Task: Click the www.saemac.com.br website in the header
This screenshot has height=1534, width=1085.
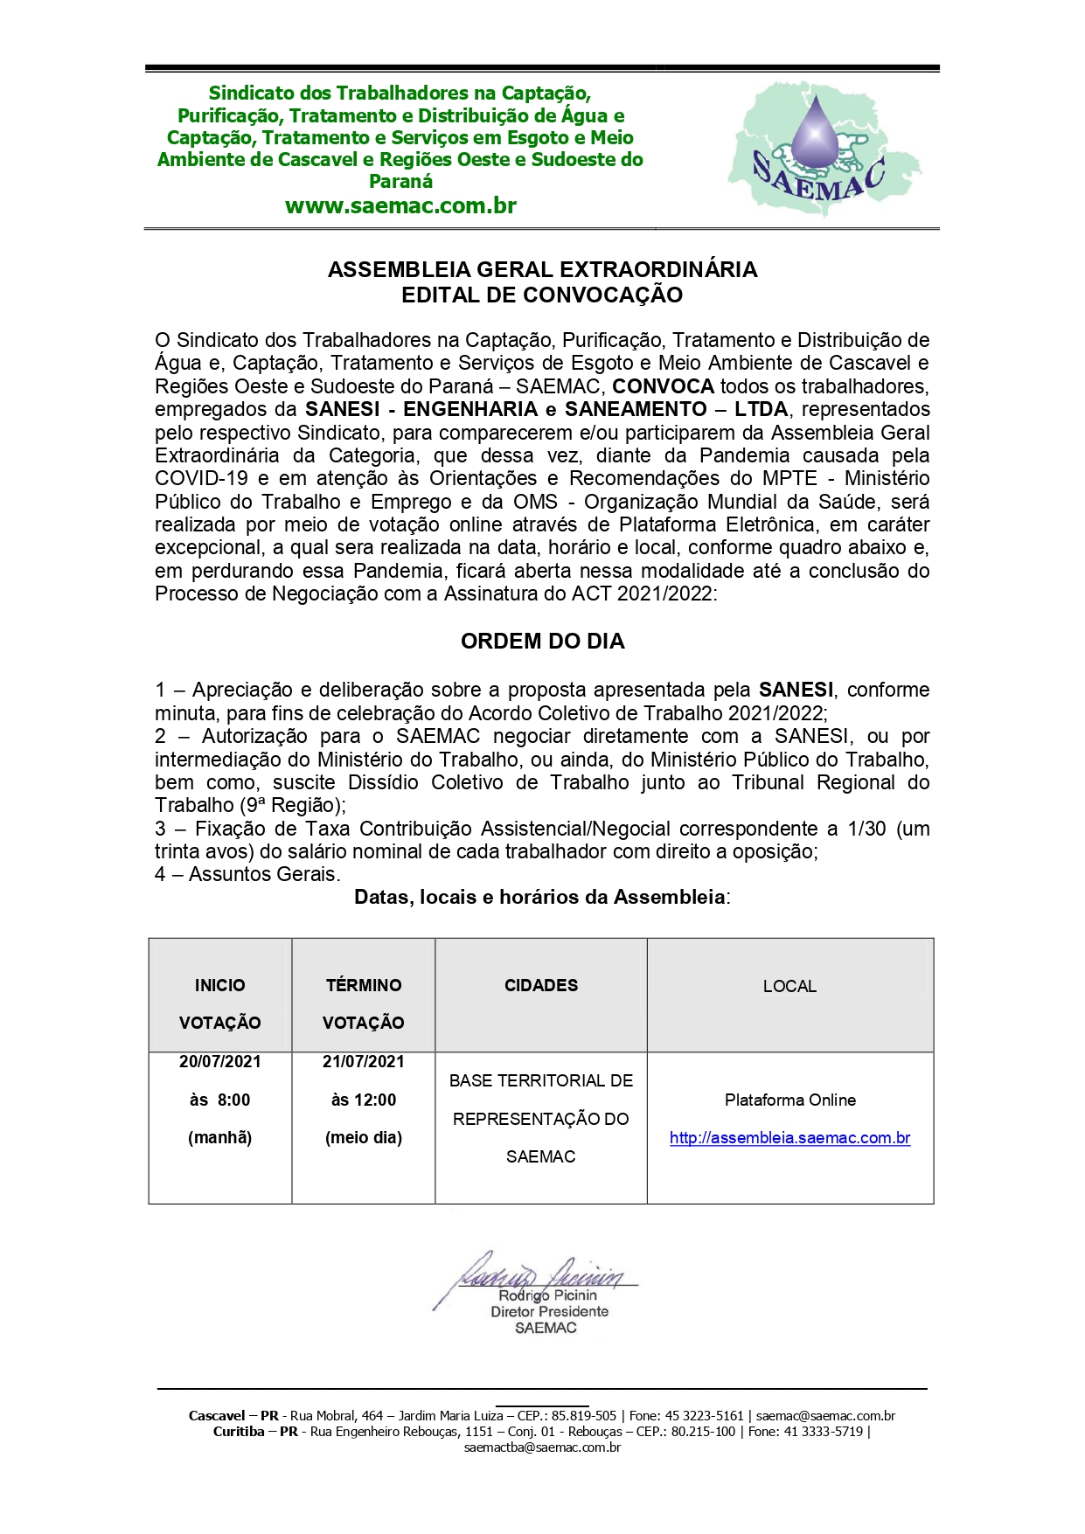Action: (400, 206)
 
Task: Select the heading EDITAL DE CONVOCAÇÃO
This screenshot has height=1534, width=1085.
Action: (542, 295)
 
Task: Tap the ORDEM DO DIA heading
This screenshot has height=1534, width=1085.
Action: (542, 642)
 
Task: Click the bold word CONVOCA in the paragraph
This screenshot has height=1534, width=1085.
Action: (664, 386)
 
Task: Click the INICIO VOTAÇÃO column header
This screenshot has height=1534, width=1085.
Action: (220, 1003)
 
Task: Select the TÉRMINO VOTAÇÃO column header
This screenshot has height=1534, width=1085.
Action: (364, 1003)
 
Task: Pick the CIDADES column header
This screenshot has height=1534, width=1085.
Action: (541, 986)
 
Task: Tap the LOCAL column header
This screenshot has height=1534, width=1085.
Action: (789, 987)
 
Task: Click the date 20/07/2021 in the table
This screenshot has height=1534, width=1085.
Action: (220, 1062)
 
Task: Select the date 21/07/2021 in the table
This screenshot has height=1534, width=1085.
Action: (364, 1062)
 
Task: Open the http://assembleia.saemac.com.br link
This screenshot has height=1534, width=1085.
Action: (790, 1138)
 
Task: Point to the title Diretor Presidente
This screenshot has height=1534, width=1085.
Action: (549, 1312)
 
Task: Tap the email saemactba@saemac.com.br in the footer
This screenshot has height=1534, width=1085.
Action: (542, 1447)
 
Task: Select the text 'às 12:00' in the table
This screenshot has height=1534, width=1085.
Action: (364, 1100)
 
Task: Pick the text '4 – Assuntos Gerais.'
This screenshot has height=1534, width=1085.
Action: (248, 874)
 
